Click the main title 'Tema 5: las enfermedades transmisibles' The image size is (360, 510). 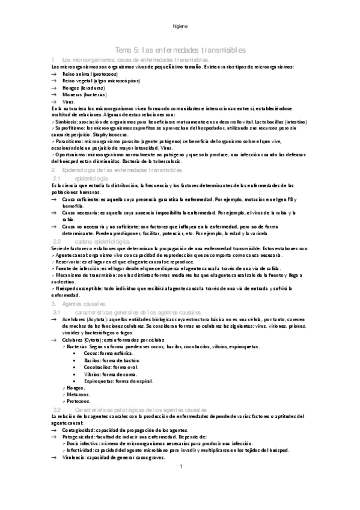click(180, 50)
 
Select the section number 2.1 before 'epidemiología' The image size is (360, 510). click(58, 179)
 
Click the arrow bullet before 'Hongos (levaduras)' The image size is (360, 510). click(55, 88)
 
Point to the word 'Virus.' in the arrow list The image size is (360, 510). click(69, 102)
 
